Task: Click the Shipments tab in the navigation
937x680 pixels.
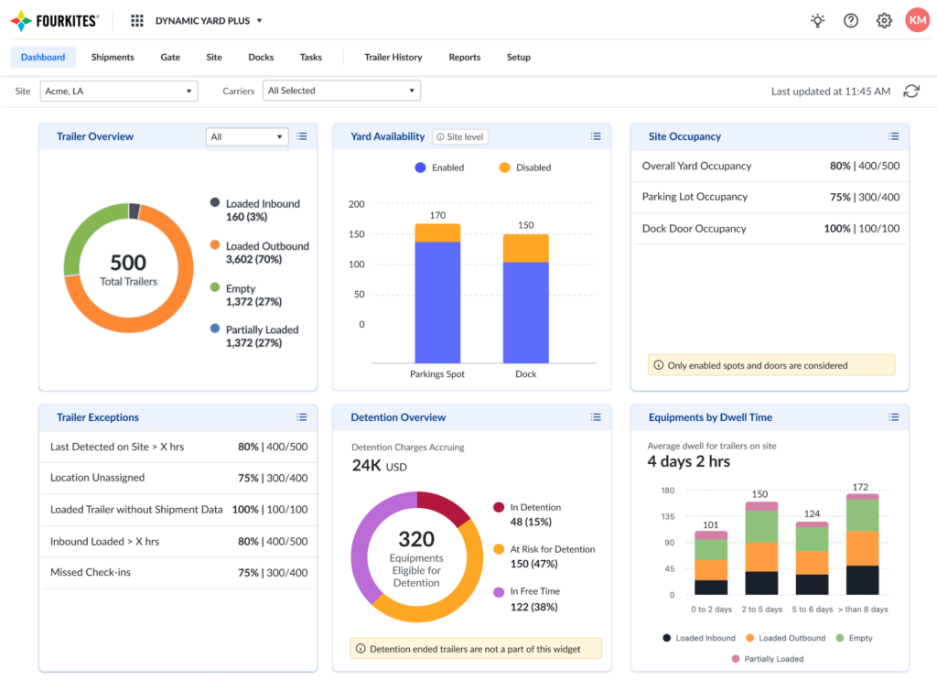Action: (x=113, y=57)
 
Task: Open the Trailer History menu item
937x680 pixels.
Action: (x=393, y=57)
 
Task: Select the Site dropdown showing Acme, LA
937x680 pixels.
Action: (x=120, y=91)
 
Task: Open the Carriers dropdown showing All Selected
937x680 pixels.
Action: (x=341, y=91)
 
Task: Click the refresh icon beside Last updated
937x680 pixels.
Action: (x=911, y=91)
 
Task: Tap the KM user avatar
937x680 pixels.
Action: (x=917, y=20)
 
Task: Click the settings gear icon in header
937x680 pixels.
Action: (x=884, y=20)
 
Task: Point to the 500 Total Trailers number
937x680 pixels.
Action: (x=128, y=263)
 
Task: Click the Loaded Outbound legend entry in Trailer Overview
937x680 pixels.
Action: (x=266, y=246)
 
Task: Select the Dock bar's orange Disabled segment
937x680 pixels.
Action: (x=525, y=248)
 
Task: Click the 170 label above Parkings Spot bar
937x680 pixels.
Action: (x=437, y=216)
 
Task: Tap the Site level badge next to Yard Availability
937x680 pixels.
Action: (x=460, y=136)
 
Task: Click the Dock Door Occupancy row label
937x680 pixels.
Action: (x=694, y=229)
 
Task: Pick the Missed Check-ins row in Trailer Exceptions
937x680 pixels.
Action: (x=91, y=573)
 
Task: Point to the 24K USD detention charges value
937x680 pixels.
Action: (x=378, y=466)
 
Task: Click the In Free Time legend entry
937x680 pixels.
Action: (x=534, y=591)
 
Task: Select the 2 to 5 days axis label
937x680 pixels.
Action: (x=761, y=610)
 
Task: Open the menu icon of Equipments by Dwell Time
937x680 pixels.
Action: (x=894, y=417)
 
